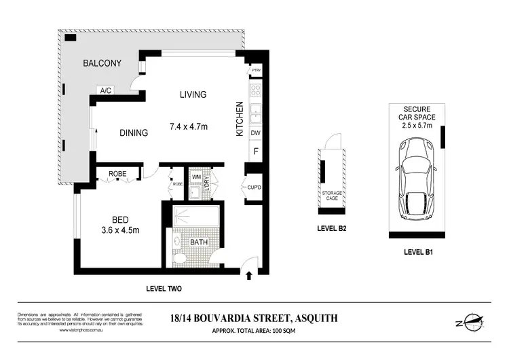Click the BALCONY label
[x=102, y=63]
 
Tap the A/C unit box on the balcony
[x=106, y=90]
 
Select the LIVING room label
[x=193, y=94]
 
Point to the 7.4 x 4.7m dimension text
[x=189, y=126]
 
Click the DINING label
[x=134, y=133]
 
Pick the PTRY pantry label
[x=257, y=71]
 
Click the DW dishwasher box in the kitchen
[x=257, y=133]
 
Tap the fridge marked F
[x=257, y=151]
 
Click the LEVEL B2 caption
[x=332, y=228]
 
